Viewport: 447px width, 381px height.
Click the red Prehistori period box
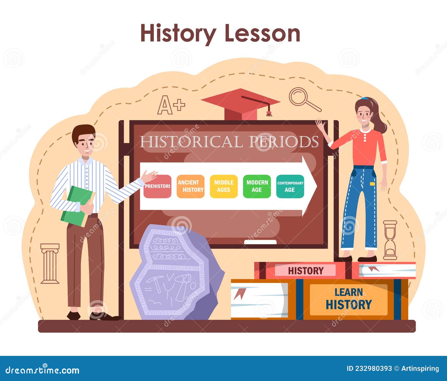click(x=157, y=186)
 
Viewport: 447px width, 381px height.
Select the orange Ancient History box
click(x=191, y=186)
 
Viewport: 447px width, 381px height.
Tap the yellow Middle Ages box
click(x=224, y=186)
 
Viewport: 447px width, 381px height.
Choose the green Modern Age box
click(x=257, y=186)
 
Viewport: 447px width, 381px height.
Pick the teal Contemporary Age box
click(x=290, y=186)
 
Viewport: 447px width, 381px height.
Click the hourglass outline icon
click(x=390, y=240)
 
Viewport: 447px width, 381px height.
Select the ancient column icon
click(x=50, y=263)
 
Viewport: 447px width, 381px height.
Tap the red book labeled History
click(x=306, y=270)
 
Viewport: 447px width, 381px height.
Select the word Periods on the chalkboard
click(x=284, y=142)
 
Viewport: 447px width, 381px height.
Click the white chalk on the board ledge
click(x=260, y=242)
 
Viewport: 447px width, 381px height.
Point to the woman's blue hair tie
click(x=364, y=98)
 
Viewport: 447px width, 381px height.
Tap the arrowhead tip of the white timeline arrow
click(x=314, y=186)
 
